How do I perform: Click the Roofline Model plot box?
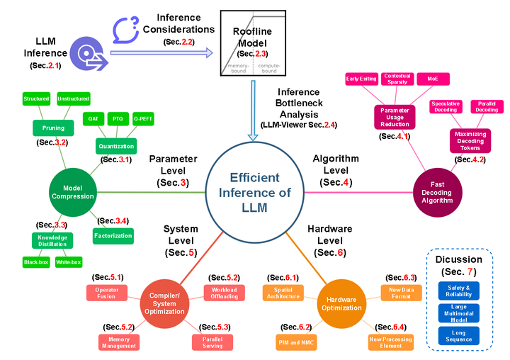click(x=253, y=43)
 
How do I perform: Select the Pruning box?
click(x=53, y=128)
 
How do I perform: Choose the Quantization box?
click(x=116, y=147)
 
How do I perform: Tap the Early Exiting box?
click(x=361, y=79)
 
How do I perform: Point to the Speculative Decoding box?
click(x=445, y=106)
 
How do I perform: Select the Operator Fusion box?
click(x=107, y=292)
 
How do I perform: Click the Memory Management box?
click(x=118, y=342)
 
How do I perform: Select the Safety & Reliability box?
click(x=458, y=289)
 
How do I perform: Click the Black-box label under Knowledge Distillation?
click(x=36, y=262)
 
